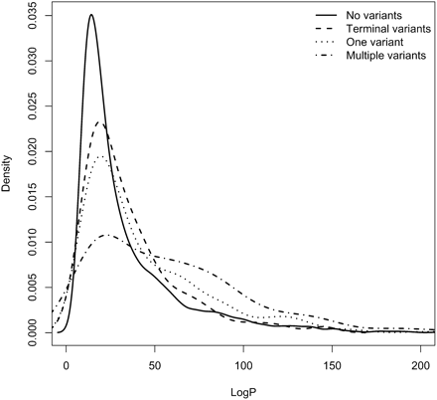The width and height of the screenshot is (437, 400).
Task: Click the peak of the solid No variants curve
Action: click(x=90, y=15)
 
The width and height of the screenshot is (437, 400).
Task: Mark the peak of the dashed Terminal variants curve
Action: click(x=100, y=122)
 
